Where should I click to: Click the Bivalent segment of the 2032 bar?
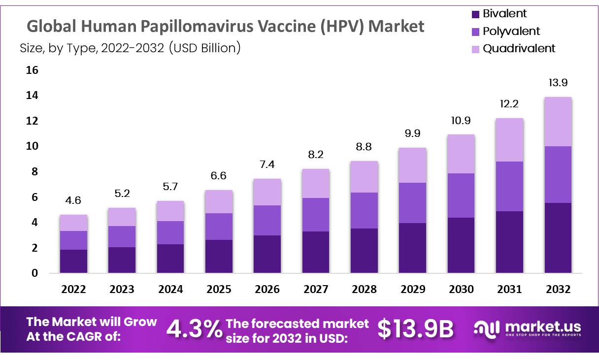(558, 238)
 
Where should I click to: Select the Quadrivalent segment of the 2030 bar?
(461, 154)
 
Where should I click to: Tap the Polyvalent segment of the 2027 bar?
(316, 215)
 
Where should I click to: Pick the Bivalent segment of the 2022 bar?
(73, 261)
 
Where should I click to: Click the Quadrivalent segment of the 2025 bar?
(219, 201)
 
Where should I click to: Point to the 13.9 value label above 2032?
(558, 83)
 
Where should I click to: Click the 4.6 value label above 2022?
(73, 200)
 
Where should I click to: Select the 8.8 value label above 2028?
(364, 147)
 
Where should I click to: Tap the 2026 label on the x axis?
(267, 289)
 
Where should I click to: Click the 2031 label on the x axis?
(509, 289)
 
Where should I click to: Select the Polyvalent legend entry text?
(511, 32)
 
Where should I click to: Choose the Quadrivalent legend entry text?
(519, 48)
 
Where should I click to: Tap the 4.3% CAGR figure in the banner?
(194, 329)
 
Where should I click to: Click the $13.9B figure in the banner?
(415, 329)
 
